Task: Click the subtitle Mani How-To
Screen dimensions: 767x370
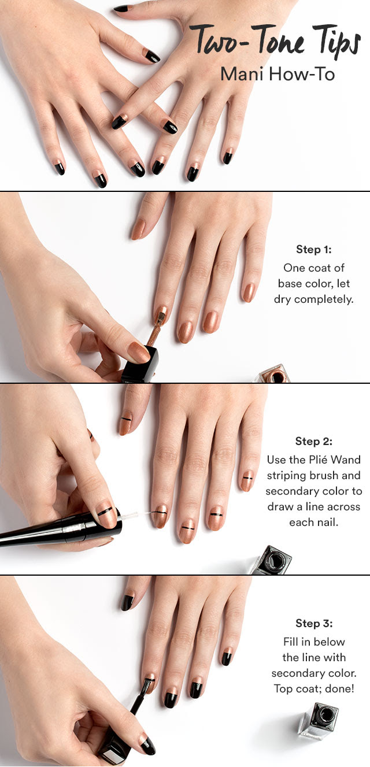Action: [277, 74]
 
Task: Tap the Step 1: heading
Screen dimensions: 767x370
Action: [314, 250]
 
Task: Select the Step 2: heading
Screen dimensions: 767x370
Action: [314, 442]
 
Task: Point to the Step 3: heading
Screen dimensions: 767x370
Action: [314, 624]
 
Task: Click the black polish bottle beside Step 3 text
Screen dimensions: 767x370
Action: [319, 720]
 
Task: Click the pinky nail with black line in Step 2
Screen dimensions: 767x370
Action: [247, 480]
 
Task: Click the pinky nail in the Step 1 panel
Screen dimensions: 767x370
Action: [249, 292]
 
